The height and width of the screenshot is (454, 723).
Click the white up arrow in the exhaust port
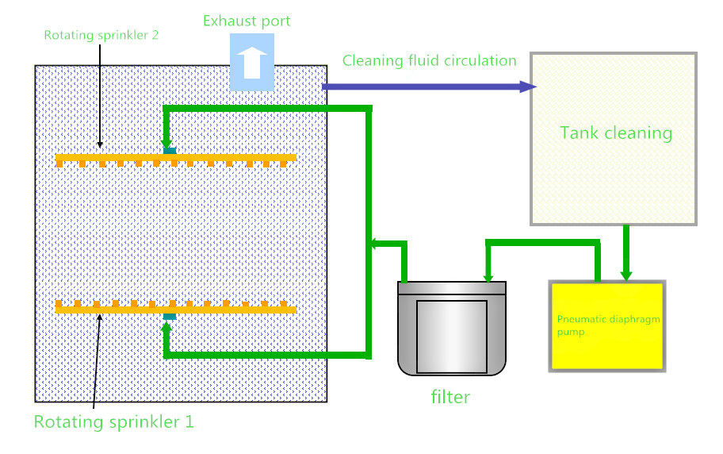point(252,63)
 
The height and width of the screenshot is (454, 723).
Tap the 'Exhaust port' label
point(247,21)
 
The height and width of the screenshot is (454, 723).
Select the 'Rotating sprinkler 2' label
point(101,35)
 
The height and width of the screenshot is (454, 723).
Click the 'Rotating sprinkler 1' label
point(114,421)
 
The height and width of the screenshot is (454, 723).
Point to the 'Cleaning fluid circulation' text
point(430,60)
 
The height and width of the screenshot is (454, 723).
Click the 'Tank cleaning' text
point(616,133)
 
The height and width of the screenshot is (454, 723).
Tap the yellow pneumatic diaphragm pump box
point(607,326)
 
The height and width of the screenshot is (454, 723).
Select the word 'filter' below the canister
point(450,397)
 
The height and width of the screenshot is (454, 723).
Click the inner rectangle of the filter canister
point(452,337)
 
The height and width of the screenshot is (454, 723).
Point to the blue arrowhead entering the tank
point(528,87)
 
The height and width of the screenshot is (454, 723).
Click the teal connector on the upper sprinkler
point(170,151)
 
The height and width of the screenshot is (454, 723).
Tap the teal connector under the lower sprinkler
point(170,317)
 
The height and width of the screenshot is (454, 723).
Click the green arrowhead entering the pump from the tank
point(626,275)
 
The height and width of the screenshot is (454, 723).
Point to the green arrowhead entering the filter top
point(488,277)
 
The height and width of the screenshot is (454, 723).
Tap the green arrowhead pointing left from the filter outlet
point(374,243)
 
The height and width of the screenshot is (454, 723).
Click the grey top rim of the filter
point(452,288)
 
